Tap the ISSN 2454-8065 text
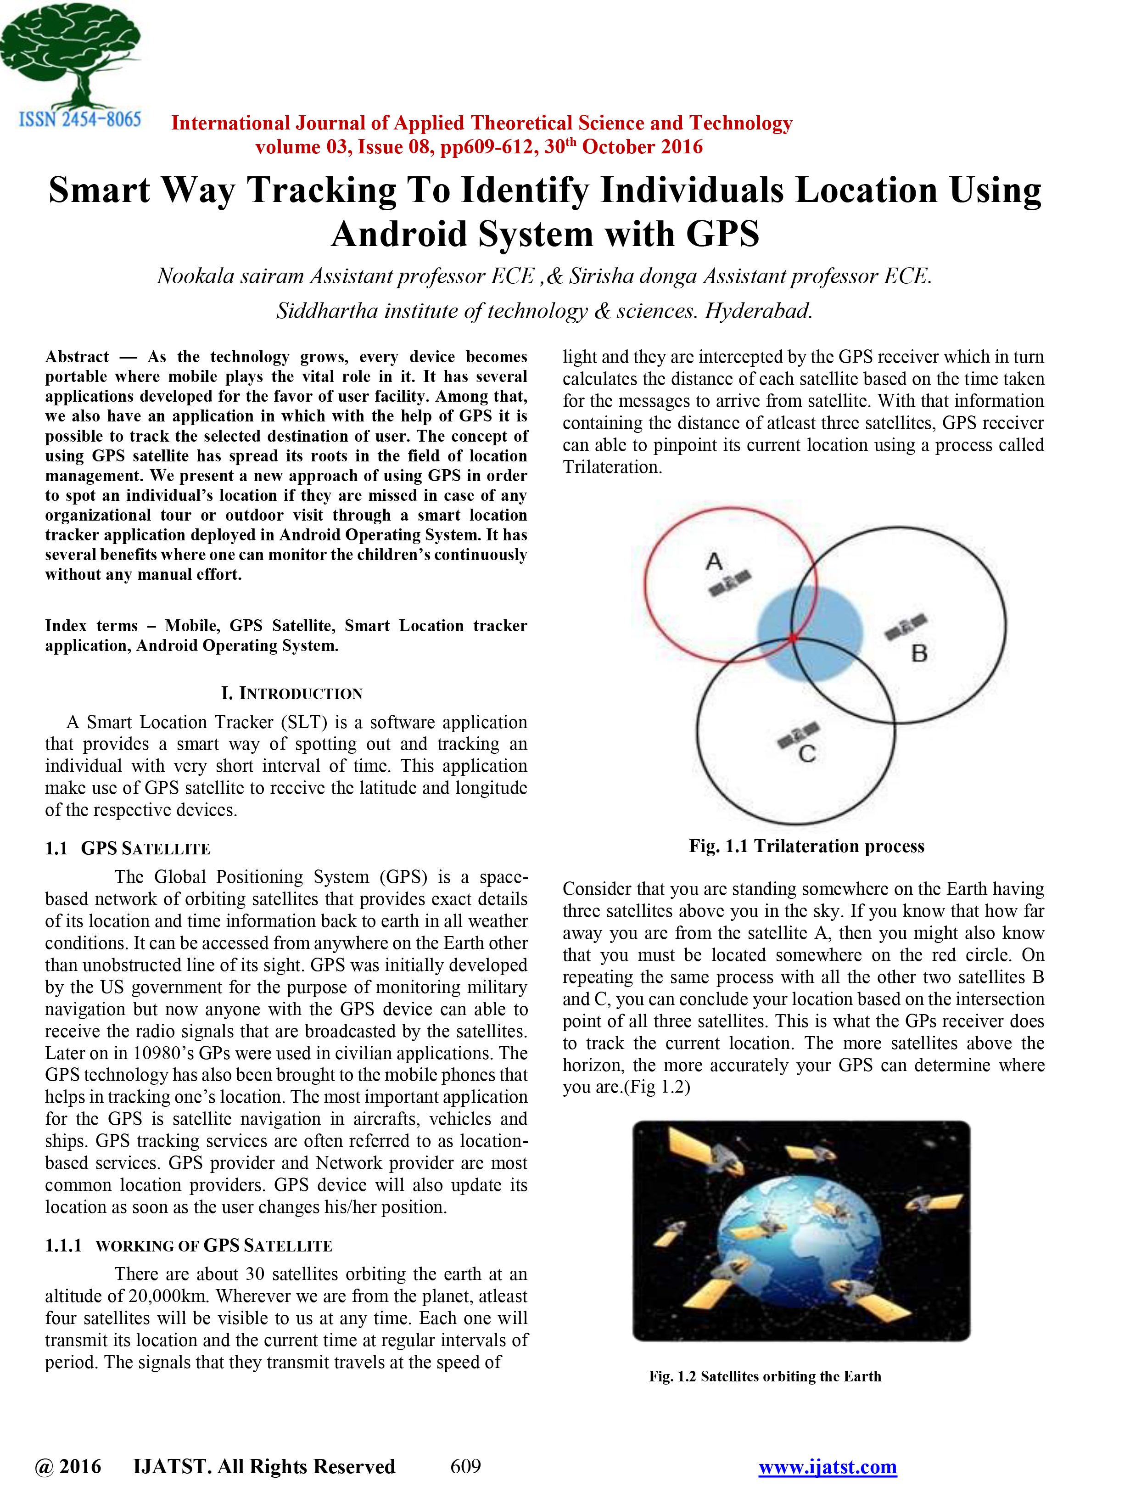tap(80, 120)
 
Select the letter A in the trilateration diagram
tap(713, 561)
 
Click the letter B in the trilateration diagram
tap(918, 654)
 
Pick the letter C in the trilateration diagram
tap(807, 754)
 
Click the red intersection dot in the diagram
tap(793, 638)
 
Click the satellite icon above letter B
tap(906, 626)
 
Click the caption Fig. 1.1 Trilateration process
tap(806, 846)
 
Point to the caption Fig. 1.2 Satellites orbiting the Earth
tap(765, 1376)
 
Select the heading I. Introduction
tap(292, 693)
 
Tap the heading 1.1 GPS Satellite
tap(128, 849)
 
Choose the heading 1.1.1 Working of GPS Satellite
tap(188, 1245)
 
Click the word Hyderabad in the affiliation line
tap(758, 311)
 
